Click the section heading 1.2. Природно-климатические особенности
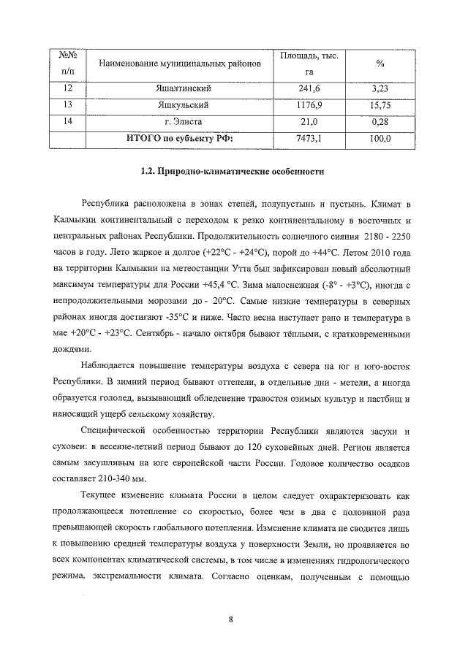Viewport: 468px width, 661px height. pos(232,172)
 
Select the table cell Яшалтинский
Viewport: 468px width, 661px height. pos(173,89)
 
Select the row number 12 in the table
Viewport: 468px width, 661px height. pos(69,89)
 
